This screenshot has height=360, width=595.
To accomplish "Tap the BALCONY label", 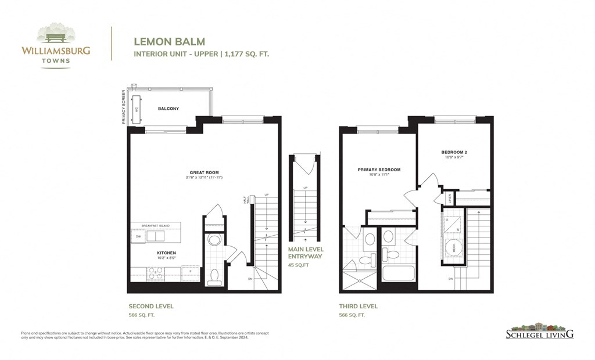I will (168, 109).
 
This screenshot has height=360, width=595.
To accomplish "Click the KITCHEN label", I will (166, 253).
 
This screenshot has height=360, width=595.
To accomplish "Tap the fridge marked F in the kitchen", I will (191, 273).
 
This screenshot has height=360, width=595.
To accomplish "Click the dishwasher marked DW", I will (138, 236).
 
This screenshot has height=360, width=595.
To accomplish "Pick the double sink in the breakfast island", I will (155, 236).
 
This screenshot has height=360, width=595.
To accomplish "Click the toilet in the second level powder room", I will (213, 276).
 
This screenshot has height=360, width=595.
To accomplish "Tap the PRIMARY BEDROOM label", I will (379, 170).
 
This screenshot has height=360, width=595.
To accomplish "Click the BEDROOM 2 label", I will (454, 152).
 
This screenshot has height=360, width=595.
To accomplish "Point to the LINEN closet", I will (449, 198).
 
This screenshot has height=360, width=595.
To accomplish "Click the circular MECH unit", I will (451, 247).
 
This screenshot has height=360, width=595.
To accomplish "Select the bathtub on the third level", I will (398, 273).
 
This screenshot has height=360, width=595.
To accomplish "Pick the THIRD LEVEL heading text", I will (359, 306).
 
